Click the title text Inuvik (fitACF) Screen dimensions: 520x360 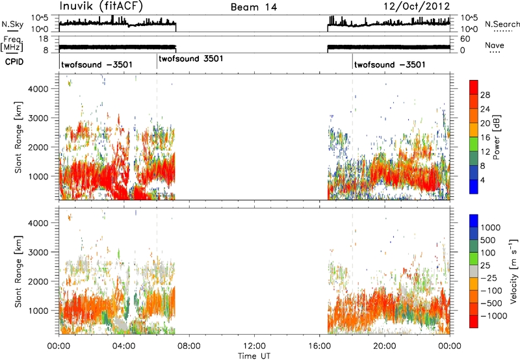pos(101,6)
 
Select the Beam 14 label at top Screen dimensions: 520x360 pos(254,7)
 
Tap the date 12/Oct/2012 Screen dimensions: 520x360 pos(417,6)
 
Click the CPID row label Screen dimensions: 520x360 pos(14,62)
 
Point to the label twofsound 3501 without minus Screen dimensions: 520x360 pos(191,58)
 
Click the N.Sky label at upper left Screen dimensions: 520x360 pos(12,24)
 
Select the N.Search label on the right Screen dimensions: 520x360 pos(502,24)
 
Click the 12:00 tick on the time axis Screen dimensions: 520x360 pos(254,346)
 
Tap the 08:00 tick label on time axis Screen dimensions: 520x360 pos(189,346)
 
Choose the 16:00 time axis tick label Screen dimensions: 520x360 pos(319,346)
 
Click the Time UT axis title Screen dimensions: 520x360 pos(254,356)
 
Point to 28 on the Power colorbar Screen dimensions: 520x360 pos(485,95)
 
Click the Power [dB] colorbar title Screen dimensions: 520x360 pos(497,137)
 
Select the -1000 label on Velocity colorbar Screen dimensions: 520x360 pos(494,316)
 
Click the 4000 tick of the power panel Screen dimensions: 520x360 pos(38,89)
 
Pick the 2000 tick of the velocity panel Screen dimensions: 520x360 pos(38,281)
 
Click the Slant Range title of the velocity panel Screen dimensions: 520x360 pos(18,272)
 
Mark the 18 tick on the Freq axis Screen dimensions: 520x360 pos(44,39)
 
